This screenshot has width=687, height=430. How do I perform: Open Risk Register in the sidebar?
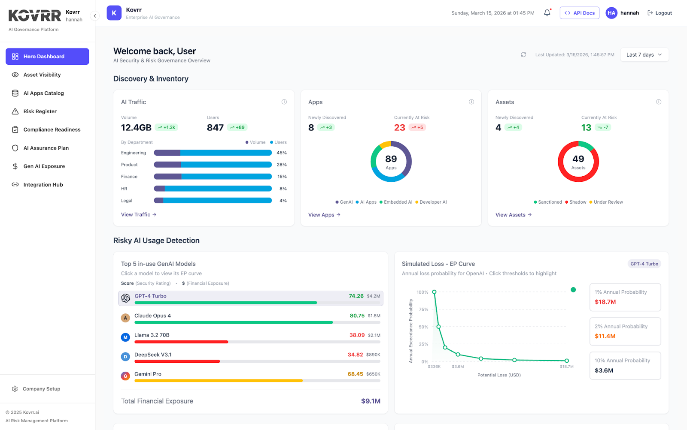coord(40,111)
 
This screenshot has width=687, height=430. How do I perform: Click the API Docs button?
coord(579,13)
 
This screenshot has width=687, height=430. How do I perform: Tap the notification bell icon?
coord(547,13)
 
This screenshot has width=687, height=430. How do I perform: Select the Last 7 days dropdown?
coord(644,55)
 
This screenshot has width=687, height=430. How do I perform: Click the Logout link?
coord(660,13)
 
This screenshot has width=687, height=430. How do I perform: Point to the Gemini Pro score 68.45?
coord(355,374)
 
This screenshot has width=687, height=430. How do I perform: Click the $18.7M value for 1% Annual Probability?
coord(605,302)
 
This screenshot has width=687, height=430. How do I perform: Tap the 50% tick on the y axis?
coord(423,327)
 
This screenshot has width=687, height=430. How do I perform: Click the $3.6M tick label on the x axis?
coord(458,367)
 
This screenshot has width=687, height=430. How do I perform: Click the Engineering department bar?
coord(213,153)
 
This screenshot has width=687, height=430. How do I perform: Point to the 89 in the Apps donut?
coord(391,159)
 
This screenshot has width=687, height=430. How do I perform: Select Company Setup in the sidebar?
coord(41,389)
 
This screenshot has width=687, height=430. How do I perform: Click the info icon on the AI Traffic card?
coord(284,102)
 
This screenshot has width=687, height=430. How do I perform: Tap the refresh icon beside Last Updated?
coord(523,55)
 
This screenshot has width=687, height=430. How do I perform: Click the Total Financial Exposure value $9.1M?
coord(371,401)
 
